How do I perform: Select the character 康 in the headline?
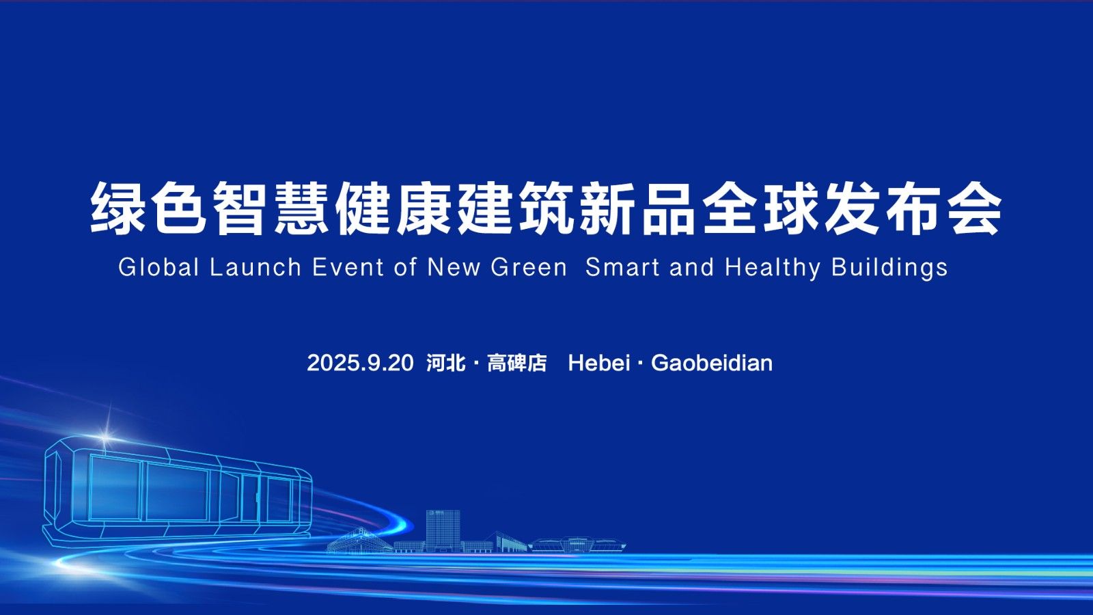click(424, 208)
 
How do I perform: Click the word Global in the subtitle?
click(159, 267)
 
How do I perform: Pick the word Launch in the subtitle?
click(255, 267)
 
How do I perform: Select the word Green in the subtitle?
click(529, 267)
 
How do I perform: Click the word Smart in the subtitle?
click(622, 267)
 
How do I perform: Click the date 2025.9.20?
click(360, 363)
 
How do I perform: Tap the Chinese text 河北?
click(445, 363)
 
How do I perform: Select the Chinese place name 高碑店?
click(516, 363)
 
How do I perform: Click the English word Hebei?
click(598, 363)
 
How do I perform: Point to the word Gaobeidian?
click(712, 363)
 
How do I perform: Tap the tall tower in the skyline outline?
click(443, 530)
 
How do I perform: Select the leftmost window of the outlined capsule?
click(115, 488)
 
